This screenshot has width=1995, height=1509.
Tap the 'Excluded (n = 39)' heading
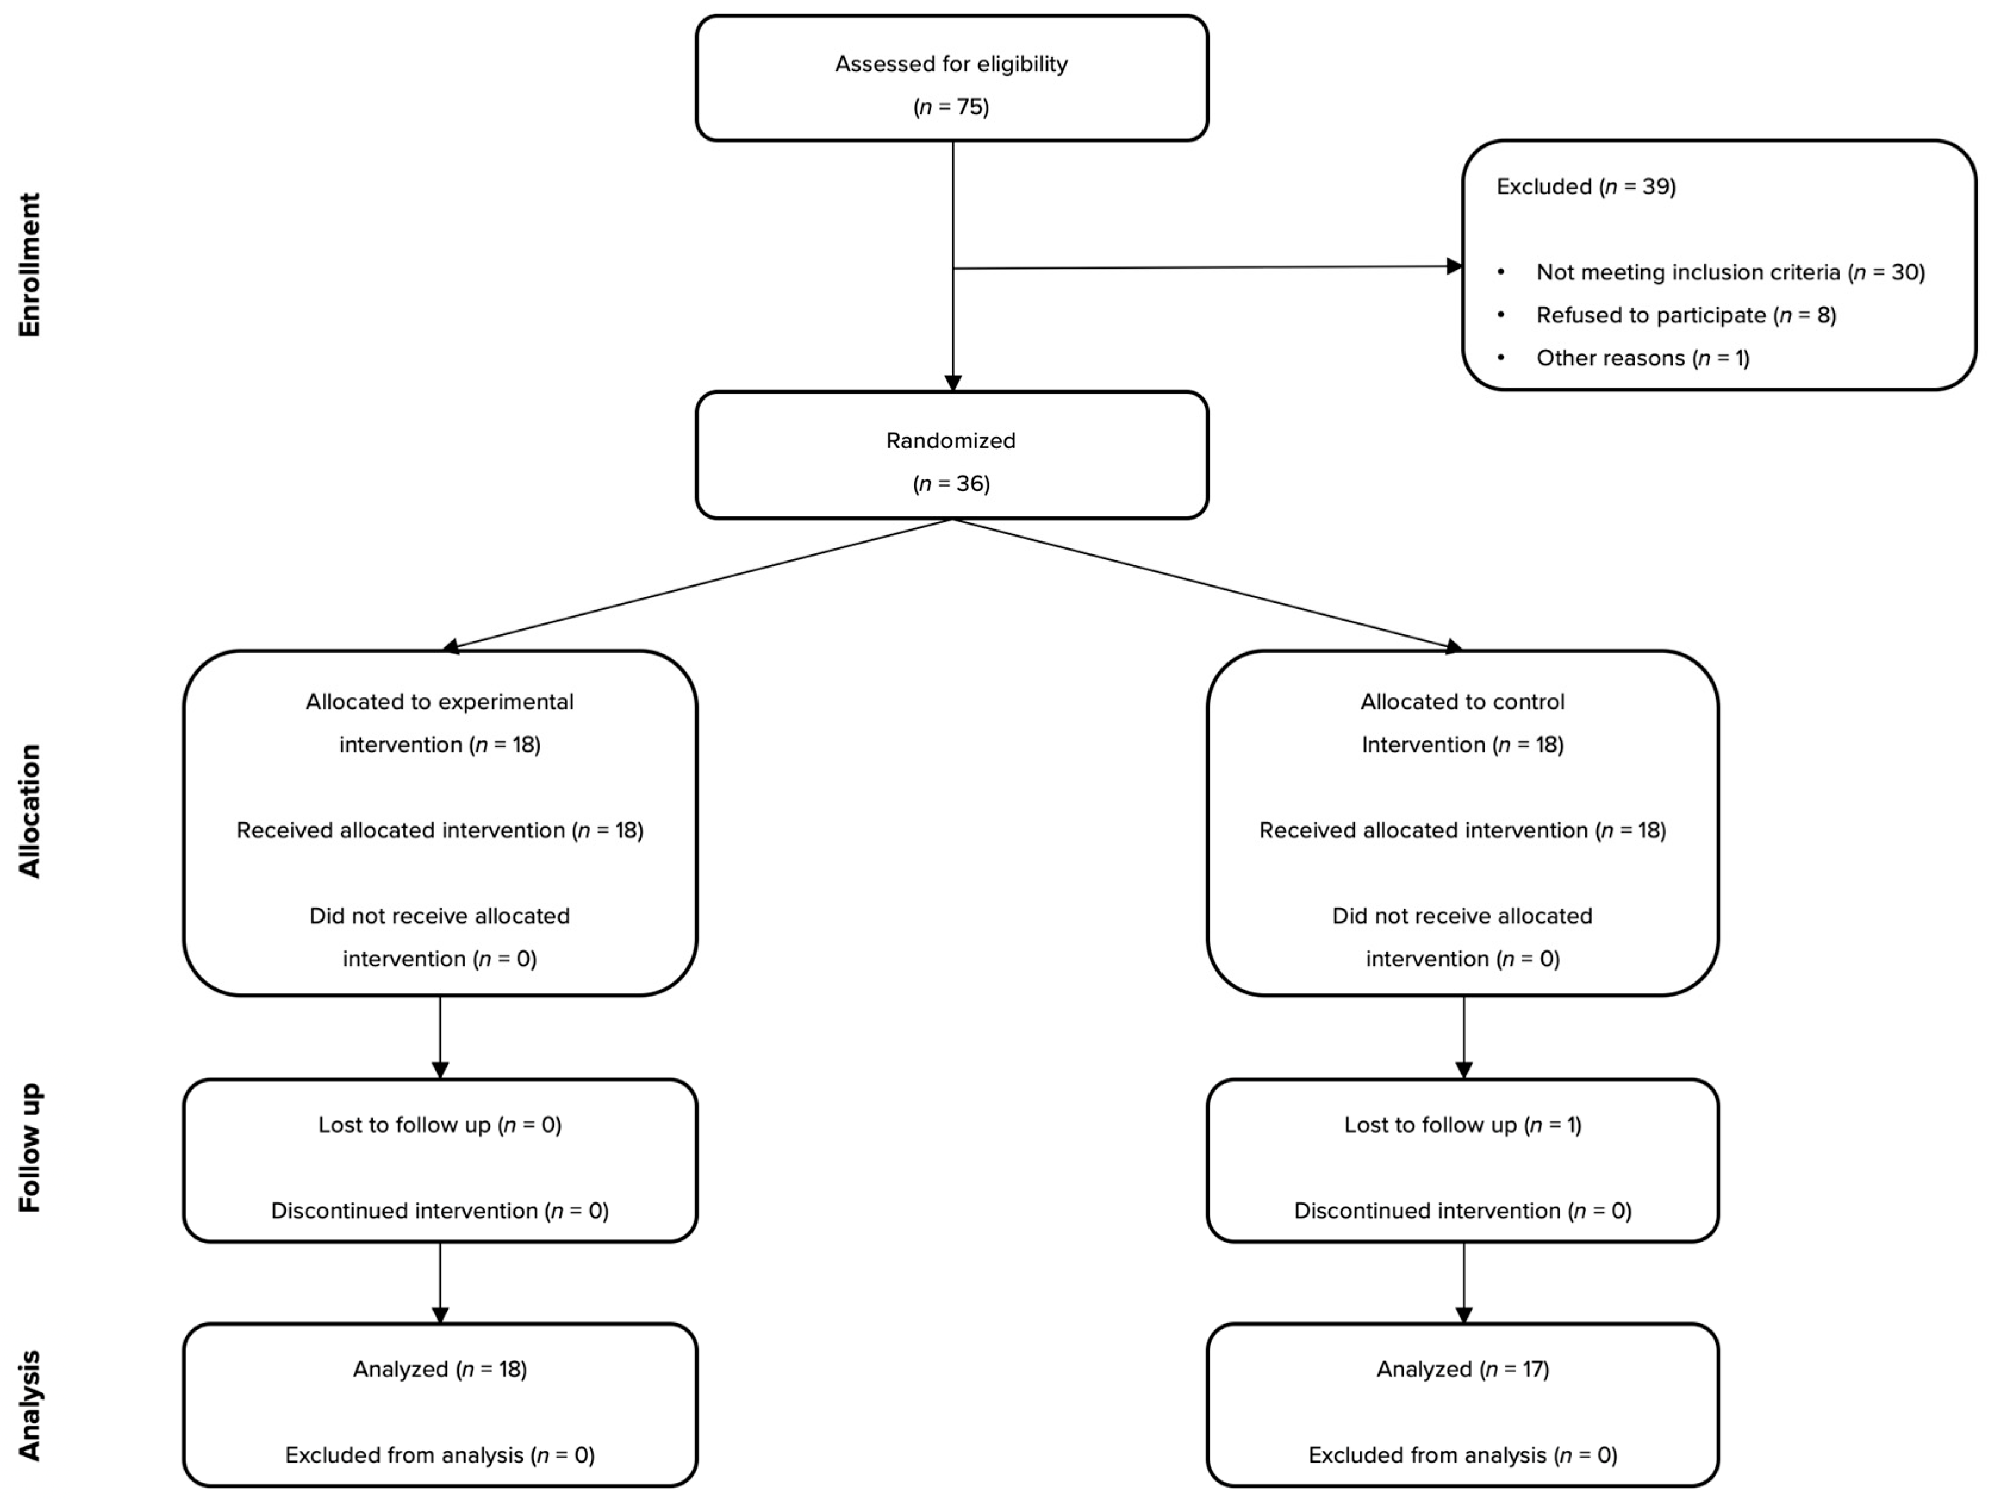(1585, 187)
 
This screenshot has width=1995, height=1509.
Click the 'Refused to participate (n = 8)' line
(1686, 316)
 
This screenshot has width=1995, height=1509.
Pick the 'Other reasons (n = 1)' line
(1642, 358)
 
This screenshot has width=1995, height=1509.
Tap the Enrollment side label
(30, 265)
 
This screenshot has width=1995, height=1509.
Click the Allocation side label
(30, 811)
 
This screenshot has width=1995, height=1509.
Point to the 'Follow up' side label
(30, 1148)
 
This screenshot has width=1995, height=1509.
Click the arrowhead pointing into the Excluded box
(1453, 266)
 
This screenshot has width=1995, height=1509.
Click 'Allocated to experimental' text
(439, 702)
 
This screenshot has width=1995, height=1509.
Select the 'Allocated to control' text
(1462, 702)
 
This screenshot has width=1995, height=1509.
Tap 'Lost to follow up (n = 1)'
(1462, 1125)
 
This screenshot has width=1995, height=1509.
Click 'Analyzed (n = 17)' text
(1462, 1369)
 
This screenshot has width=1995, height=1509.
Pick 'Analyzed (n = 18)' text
(439, 1369)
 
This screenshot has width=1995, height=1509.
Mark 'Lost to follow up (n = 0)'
(439, 1125)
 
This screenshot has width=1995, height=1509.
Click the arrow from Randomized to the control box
(1208, 584)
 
